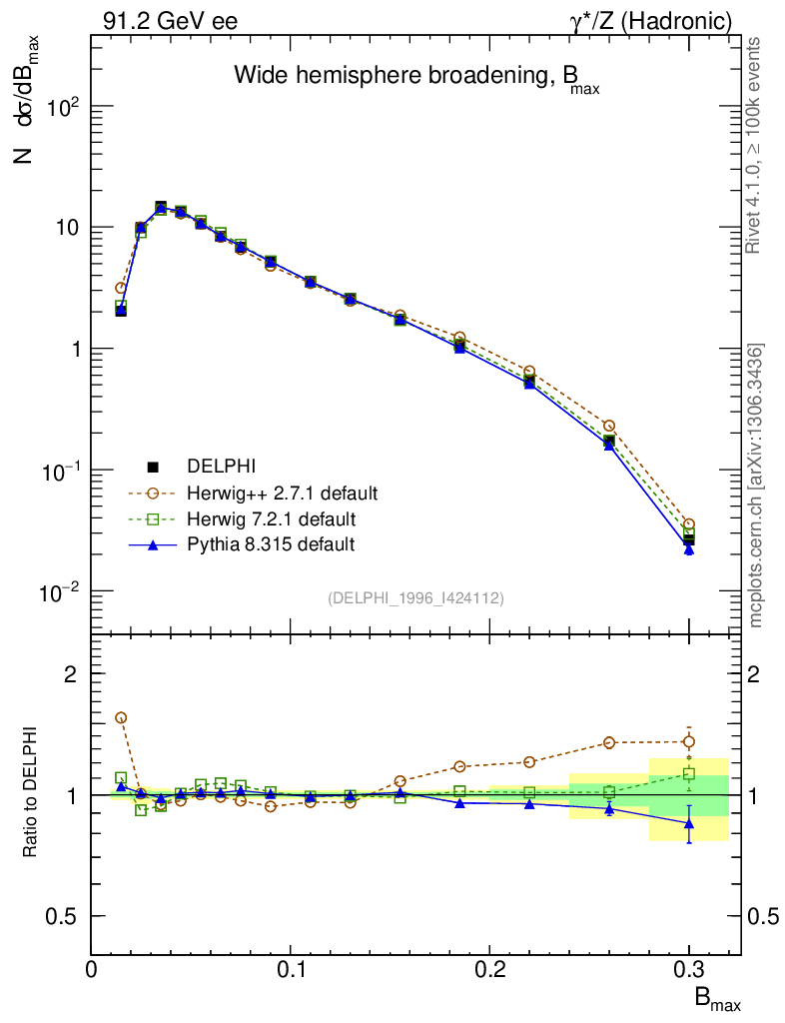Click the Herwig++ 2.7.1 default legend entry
(281, 494)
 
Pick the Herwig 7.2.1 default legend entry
(271, 519)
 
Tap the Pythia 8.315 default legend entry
(271, 544)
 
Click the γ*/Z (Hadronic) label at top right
(659, 20)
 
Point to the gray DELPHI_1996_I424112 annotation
(415, 598)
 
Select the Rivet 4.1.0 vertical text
(756, 145)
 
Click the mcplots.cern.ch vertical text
(756, 485)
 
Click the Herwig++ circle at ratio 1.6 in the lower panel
(121, 717)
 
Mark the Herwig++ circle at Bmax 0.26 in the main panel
(609, 427)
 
